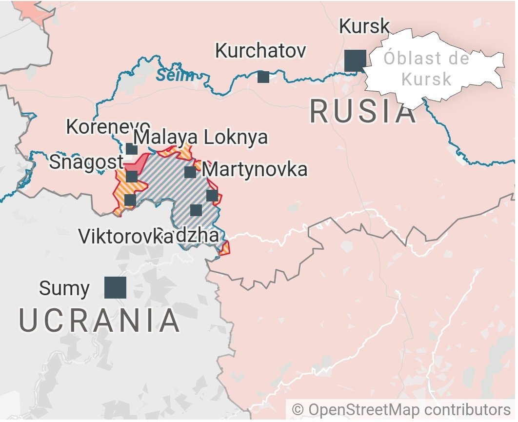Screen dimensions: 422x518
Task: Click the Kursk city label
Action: (x=364, y=26)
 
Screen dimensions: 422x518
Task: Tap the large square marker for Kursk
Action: (x=355, y=61)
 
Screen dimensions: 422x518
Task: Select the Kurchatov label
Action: (x=260, y=51)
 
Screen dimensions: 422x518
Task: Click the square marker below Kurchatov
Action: (x=263, y=77)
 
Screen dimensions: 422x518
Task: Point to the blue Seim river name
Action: (x=175, y=76)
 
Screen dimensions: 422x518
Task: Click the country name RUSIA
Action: (x=363, y=112)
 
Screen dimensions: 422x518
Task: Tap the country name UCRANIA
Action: (x=100, y=321)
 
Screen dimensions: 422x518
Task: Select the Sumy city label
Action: (x=64, y=288)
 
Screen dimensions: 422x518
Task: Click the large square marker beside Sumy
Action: (x=115, y=287)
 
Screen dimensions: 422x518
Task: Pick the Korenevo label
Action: (x=107, y=127)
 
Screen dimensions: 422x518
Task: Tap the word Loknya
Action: (x=236, y=138)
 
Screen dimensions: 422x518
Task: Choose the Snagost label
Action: (x=86, y=162)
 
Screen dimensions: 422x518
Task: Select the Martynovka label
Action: (x=255, y=170)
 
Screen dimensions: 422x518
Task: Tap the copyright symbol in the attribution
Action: (x=298, y=409)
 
